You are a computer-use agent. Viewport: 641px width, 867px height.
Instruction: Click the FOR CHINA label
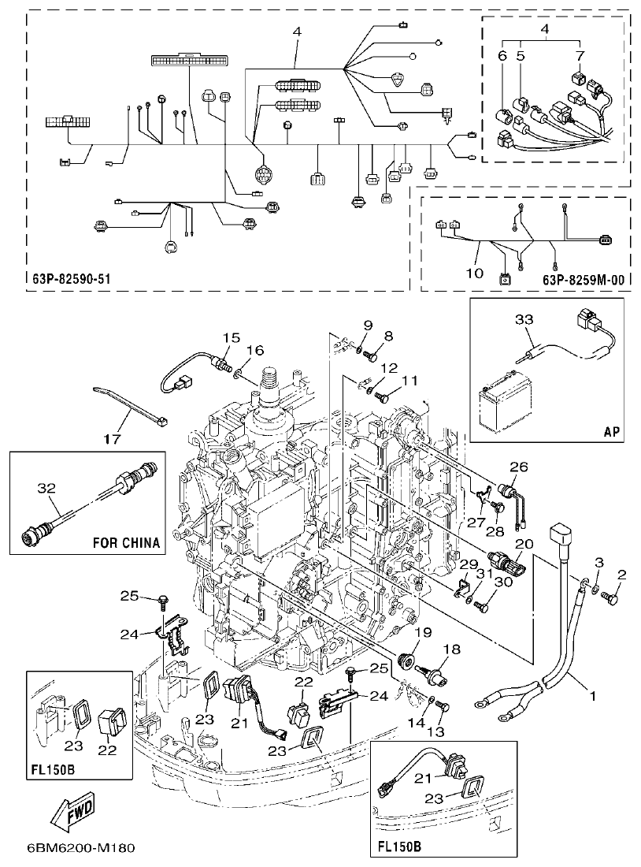[126, 542]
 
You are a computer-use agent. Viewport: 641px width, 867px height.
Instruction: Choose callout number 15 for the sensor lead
[228, 337]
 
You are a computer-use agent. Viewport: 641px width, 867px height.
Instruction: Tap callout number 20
[523, 544]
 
